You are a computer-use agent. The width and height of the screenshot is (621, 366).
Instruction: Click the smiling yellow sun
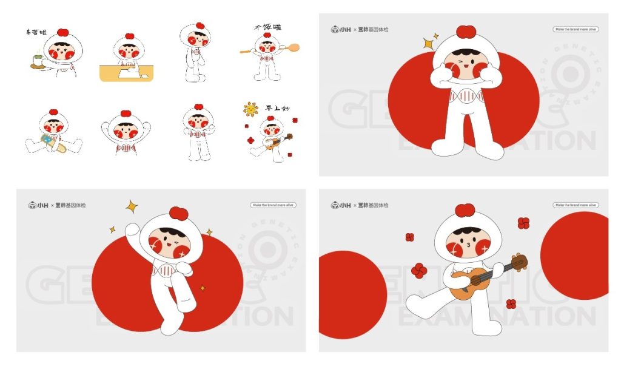tap(250, 109)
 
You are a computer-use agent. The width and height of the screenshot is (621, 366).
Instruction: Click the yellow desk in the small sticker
tap(127, 74)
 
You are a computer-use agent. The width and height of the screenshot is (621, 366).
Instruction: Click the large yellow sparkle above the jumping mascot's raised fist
tap(131, 206)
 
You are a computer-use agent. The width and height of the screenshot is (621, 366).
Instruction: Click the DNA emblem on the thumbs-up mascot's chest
tap(466, 96)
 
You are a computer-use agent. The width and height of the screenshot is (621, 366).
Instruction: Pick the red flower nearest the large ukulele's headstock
tap(523, 223)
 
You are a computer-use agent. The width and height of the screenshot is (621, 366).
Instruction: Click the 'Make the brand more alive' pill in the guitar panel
tap(576, 205)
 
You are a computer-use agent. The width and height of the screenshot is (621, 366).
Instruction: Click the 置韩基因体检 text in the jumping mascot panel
tap(70, 205)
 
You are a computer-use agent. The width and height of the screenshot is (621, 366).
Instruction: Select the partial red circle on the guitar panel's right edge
tap(576, 256)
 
